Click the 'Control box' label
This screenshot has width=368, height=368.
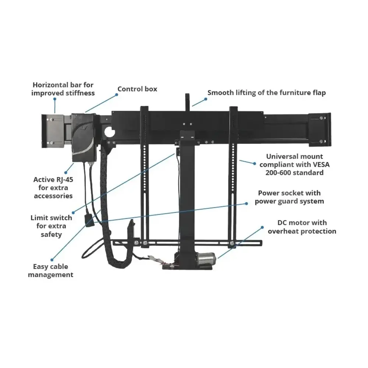point(137,89)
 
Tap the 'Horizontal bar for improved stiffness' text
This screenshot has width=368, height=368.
point(63,89)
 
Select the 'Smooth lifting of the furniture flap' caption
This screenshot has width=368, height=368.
point(266,93)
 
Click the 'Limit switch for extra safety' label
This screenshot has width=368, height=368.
point(51,226)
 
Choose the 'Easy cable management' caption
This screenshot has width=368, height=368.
point(50,270)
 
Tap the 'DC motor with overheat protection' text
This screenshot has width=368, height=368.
point(302,227)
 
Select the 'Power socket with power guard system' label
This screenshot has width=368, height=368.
point(289,197)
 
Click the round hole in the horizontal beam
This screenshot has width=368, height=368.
point(109,132)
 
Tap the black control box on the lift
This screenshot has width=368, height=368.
point(84,137)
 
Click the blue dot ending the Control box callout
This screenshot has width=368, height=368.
point(117,94)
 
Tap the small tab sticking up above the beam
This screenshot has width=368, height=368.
point(187,102)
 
